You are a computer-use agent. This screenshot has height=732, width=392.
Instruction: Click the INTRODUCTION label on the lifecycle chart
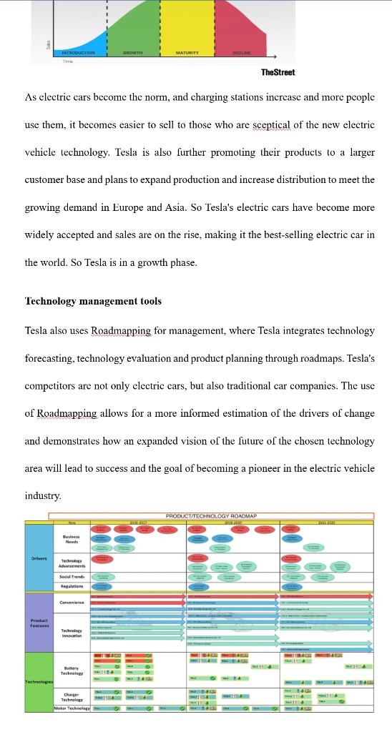click(78, 53)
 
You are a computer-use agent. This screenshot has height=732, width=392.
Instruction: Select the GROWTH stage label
click(132, 53)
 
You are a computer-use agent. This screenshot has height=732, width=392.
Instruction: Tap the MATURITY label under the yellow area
click(187, 53)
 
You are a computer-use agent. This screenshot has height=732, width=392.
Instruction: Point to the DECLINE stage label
click(241, 53)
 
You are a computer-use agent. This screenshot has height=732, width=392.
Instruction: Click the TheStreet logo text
click(278, 72)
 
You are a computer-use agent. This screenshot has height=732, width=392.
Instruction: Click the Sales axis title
click(48, 45)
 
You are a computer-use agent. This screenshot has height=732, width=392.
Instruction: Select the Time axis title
click(67, 61)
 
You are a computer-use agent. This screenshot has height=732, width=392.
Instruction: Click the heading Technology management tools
click(93, 301)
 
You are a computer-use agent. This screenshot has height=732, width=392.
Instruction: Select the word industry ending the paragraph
click(42, 495)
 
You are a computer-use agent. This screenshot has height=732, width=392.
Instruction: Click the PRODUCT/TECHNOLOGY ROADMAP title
click(211, 515)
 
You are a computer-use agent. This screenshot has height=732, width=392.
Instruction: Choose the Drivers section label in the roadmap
click(39, 558)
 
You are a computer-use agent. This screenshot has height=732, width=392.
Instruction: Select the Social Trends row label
click(72, 576)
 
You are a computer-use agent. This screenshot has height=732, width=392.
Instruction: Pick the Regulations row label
click(72, 586)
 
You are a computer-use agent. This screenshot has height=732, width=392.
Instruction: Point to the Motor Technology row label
click(72, 708)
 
